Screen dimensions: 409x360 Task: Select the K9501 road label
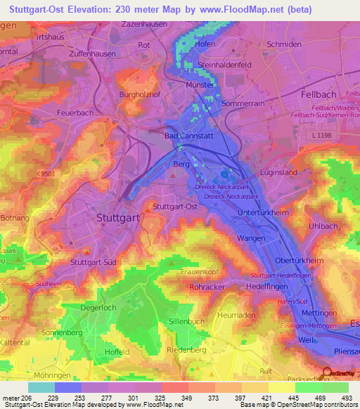pyautogui.click(x=46, y=173)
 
